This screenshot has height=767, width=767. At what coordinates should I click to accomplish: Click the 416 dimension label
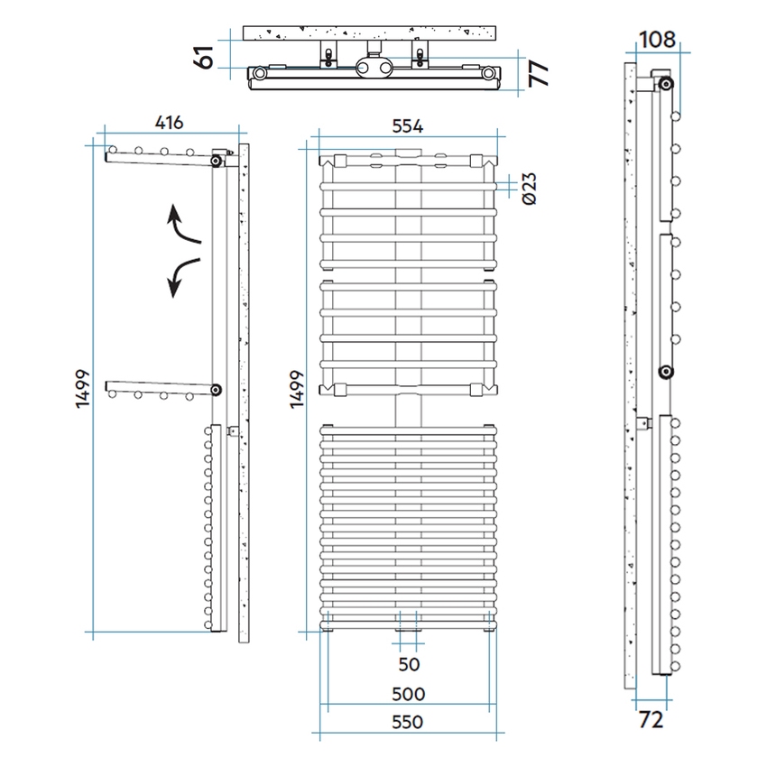tap(170, 123)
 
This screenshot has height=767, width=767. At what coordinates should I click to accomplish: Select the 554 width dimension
tap(408, 126)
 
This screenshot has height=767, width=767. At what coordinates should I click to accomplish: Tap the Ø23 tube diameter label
tap(530, 189)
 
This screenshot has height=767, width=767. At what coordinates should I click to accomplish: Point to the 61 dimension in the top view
tap(204, 57)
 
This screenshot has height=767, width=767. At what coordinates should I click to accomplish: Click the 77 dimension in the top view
tap(539, 73)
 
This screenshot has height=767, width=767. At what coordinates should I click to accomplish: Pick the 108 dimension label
tap(657, 40)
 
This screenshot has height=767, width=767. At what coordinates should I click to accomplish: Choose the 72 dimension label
tap(651, 719)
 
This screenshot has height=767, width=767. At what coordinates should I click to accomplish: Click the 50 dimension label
tap(409, 664)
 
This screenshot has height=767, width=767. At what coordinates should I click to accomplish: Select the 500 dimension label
tap(409, 694)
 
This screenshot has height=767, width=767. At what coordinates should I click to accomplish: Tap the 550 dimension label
tap(408, 722)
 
